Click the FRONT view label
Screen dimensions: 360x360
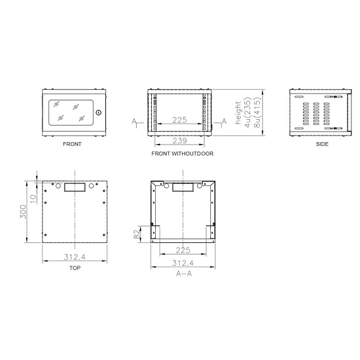[72, 144]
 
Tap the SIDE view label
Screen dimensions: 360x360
[322, 144]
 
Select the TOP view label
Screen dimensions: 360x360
[75, 268]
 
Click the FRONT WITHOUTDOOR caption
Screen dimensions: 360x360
[183, 154]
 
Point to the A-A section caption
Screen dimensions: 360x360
[184, 274]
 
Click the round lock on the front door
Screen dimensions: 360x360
[99, 113]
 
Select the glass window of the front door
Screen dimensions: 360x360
[71, 113]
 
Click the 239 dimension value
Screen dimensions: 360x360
[179, 141]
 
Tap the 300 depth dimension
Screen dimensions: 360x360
[23, 211]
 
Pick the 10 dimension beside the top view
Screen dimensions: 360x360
[33, 199]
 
